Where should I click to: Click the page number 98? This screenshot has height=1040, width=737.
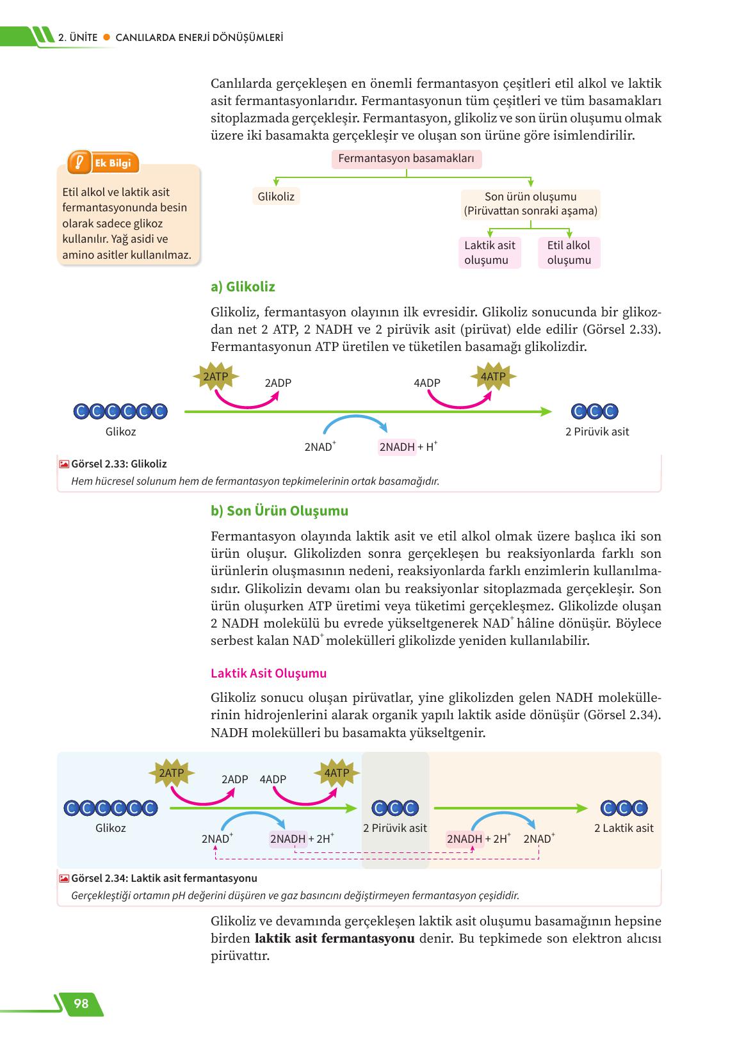81,1003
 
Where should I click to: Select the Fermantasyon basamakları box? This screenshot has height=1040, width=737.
406,159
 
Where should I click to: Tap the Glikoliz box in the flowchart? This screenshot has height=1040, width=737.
276,197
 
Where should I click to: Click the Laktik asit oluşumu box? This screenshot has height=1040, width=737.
490,252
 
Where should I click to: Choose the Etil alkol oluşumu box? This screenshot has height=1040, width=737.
569,252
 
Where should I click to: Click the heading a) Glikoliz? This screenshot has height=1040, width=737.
243,287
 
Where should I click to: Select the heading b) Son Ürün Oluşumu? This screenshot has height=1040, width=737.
279,511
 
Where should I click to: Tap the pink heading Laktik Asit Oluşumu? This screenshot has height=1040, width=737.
268,673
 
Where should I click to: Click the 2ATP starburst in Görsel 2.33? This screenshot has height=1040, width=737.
215,377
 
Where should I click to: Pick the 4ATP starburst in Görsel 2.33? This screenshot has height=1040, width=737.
492,377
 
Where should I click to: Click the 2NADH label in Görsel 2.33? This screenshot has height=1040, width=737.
397,447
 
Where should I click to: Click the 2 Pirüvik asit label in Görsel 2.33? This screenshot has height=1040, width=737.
597,432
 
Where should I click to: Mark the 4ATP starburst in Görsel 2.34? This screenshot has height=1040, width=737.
337,773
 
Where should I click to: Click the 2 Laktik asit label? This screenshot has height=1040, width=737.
624,828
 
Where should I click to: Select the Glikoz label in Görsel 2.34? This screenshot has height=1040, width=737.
110,828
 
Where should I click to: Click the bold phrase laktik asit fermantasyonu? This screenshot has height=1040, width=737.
334,939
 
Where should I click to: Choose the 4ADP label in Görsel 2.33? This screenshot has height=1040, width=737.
427,383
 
